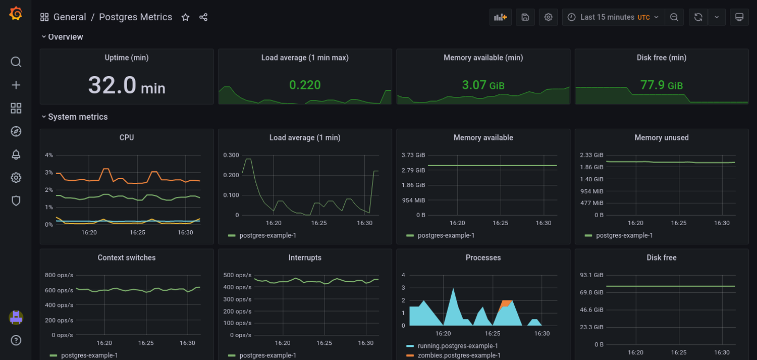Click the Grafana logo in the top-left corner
coord(16,14)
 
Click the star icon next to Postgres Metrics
coord(185,17)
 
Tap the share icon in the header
coord(203,17)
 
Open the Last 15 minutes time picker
coord(613,17)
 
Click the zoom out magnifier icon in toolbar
coord(674,17)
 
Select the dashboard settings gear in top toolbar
coord(548,17)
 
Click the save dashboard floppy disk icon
coord(525,17)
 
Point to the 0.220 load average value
coord(305,85)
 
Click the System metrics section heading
coord(78,117)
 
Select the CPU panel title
coord(127,137)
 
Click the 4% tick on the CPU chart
coord(49,155)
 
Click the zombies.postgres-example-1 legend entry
coord(459,355)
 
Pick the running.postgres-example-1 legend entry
coord(457,346)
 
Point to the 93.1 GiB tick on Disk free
coord(591,275)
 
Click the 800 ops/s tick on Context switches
coord(59,275)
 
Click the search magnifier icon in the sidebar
coord(16,62)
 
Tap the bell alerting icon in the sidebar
coord(16,155)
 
